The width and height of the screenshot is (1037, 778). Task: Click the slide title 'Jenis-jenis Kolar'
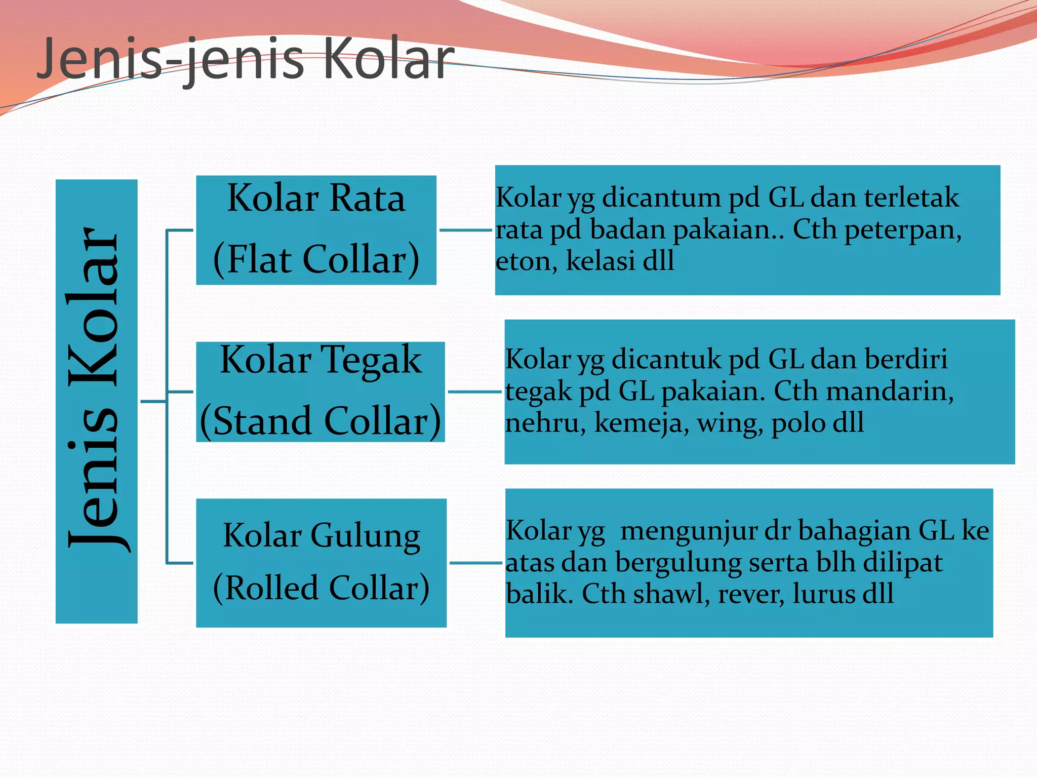[246, 60]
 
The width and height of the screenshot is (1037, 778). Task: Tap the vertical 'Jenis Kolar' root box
[96, 401]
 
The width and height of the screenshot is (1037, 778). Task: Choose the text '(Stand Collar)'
[320, 421]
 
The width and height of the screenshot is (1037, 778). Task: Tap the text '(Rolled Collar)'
[321, 588]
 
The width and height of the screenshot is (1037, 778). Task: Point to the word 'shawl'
[671, 594]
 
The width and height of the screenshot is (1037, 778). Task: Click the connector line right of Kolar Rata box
[465, 230]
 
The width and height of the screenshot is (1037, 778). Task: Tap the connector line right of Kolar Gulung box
[475, 563]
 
